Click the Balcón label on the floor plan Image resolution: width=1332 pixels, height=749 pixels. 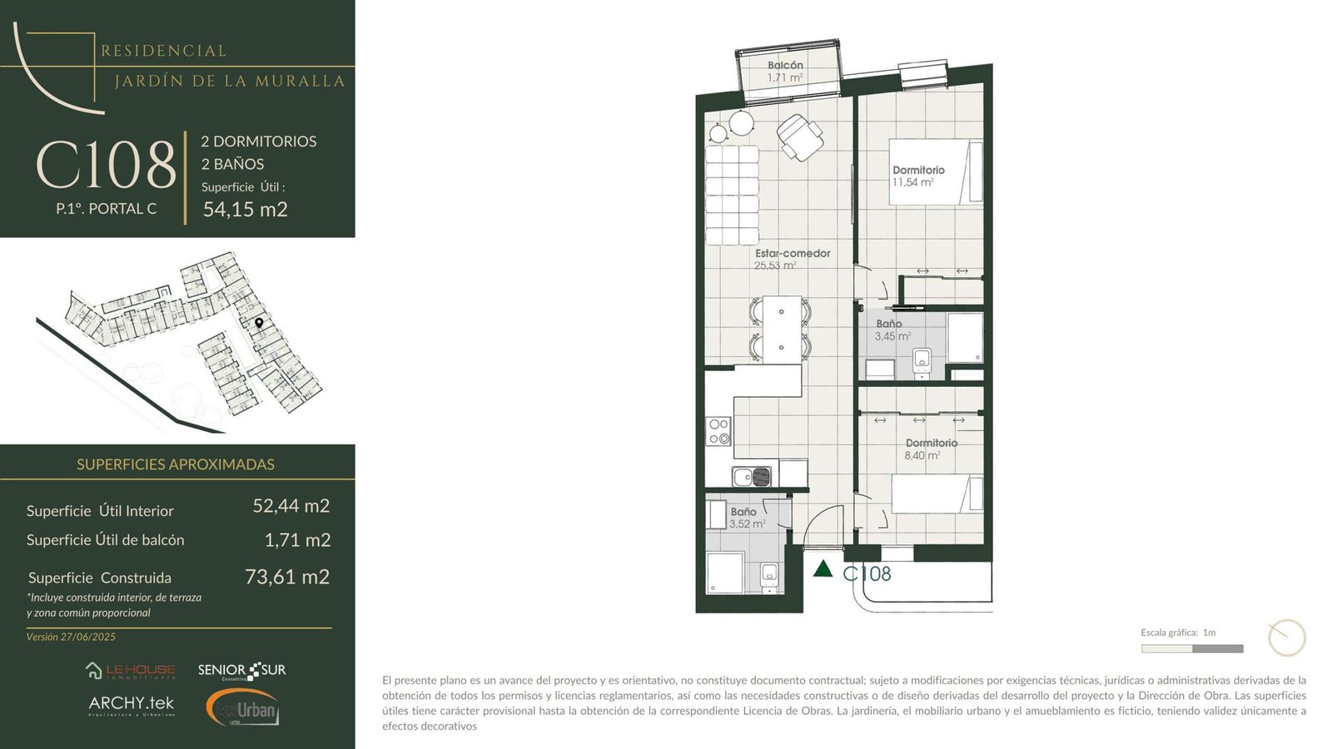tap(785, 65)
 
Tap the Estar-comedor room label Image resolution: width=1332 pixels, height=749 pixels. tap(792, 253)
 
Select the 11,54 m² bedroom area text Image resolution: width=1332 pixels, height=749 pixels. tap(912, 182)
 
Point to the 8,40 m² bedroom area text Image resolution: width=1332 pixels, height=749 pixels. tap(922, 455)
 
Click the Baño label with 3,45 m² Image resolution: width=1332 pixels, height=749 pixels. tap(889, 324)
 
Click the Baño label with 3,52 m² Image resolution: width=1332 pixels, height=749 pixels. tap(743, 512)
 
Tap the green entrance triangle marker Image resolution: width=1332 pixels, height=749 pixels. tap(823, 569)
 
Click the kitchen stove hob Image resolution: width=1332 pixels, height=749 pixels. tap(718, 432)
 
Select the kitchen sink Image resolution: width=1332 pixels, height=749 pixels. tap(752, 477)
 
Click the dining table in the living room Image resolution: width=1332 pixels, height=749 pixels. tap(782, 330)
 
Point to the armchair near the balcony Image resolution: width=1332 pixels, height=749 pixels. tap(800, 138)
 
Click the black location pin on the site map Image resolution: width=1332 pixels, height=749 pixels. tap(259, 323)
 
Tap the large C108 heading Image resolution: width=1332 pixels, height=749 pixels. tap(107, 165)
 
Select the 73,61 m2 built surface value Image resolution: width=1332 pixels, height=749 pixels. tap(287, 577)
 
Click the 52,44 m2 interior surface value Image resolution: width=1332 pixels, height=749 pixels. tap(291, 506)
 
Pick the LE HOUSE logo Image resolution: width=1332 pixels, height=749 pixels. tap(130, 671)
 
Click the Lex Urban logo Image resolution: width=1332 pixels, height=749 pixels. tap(242, 707)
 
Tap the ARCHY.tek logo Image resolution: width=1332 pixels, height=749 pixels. tap(132, 706)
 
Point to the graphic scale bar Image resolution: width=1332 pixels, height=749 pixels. tap(1192, 648)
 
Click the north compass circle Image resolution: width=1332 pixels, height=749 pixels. tap(1287, 637)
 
